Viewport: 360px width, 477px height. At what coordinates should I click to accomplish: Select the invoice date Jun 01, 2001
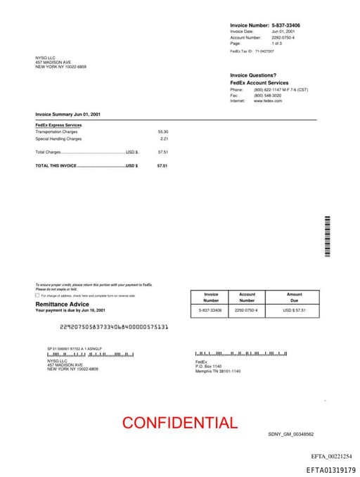click(x=283, y=32)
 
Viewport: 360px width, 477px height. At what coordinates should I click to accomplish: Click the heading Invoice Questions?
click(x=253, y=75)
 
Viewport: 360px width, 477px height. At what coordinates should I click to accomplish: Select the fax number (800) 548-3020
click(x=267, y=95)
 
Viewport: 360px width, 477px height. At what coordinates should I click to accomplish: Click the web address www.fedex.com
click(x=268, y=101)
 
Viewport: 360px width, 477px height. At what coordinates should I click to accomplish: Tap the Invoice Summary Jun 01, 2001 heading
click(x=68, y=114)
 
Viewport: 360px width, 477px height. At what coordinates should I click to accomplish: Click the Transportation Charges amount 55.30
click(x=163, y=132)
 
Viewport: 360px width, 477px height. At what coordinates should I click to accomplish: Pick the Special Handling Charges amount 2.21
click(x=165, y=139)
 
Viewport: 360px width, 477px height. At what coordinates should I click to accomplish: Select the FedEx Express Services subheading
click(x=58, y=125)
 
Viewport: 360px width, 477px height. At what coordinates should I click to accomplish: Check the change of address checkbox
click(x=37, y=295)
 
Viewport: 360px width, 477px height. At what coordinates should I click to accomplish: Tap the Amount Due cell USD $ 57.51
click(x=294, y=310)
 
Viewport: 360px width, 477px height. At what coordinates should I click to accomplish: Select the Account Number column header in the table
click(x=247, y=297)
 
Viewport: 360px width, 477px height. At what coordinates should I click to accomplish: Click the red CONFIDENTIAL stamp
click(x=179, y=423)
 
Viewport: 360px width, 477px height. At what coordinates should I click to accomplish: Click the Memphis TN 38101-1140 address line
click(x=218, y=371)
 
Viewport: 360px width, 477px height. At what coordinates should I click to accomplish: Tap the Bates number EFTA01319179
click(x=330, y=469)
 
